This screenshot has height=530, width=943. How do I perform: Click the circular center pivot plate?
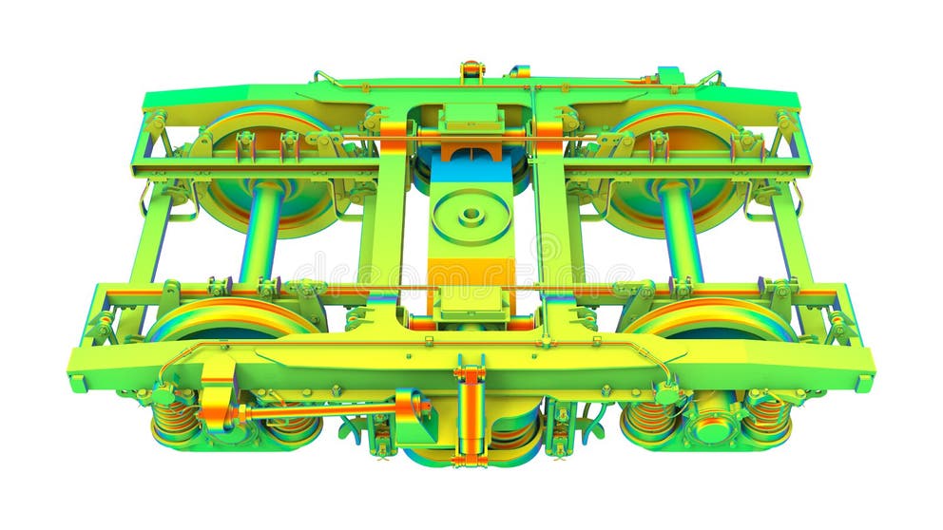471,217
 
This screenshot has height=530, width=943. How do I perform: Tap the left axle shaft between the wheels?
261,233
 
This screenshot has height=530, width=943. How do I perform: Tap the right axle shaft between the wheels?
681,233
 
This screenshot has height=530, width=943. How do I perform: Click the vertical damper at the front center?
470,412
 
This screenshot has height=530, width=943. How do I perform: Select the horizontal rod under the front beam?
314,411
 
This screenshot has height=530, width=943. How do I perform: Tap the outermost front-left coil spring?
175,417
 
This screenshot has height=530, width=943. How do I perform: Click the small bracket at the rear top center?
471,70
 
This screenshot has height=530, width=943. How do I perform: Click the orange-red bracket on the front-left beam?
218,389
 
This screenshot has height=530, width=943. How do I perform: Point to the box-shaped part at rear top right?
669,75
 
